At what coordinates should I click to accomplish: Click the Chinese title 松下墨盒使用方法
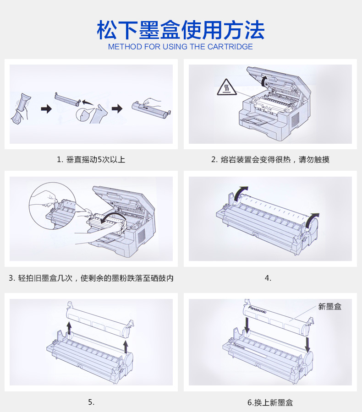pos(181,30)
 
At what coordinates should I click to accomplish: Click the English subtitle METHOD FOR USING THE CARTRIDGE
pos(181,47)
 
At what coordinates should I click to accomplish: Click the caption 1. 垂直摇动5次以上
pos(91,159)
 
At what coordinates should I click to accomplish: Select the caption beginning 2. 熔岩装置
pos(270,159)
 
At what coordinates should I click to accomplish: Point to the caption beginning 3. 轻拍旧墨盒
pos(91,278)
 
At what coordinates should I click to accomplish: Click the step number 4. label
pos(268,278)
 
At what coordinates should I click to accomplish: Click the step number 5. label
pos(91,402)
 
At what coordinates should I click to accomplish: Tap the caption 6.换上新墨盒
pos(270,402)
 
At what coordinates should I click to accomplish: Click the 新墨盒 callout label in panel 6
pos(330,306)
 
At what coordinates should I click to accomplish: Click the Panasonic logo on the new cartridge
pos(257,309)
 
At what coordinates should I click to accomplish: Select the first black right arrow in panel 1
pos(46,108)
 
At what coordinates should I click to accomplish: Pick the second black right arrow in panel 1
pos(117,108)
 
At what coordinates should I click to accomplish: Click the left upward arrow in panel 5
pos(69,328)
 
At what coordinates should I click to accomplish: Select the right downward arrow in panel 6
pos(307,344)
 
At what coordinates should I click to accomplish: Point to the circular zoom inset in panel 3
pos(52,206)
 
